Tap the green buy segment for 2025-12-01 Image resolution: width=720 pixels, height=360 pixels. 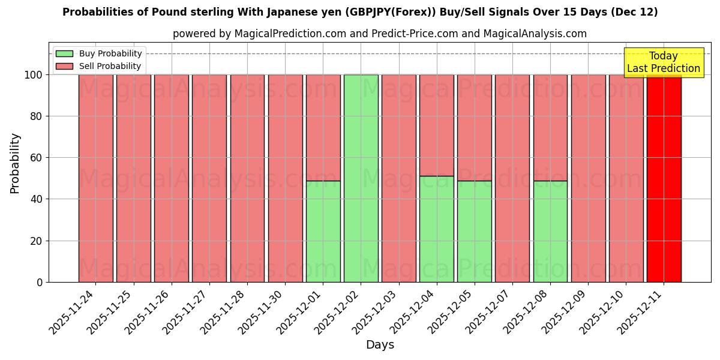pyautogui.click(x=323, y=231)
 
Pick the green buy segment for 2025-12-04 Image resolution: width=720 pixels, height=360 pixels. pyautogui.click(x=436, y=229)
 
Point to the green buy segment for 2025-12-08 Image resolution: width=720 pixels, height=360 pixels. pyautogui.click(x=550, y=231)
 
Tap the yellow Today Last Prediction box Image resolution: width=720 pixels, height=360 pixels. pyautogui.click(x=663, y=62)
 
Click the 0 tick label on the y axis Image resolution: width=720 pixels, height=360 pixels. pyautogui.click(x=40, y=282)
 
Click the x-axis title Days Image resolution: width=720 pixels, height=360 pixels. pyautogui.click(x=380, y=345)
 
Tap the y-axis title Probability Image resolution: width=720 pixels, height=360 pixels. pyautogui.click(x=15, y=163)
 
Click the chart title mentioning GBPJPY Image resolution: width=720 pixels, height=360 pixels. pyautogui.click(x=360, y=12)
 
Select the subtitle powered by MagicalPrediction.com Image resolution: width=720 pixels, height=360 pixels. pyautogui.click(x=380, y=34)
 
